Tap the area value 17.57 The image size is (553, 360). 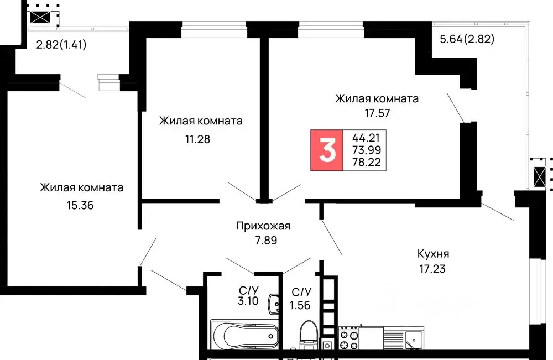click(x=377, y=113)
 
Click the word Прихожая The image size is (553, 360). click(x=263, y=226)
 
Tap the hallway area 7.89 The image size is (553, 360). click(x=263, y=241)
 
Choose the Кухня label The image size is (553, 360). click(x=433, y=254)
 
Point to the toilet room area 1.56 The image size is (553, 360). click(x=301, y=304)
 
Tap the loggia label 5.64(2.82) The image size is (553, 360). click(x=466, y=39)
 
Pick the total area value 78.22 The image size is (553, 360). click(x=366, y=163)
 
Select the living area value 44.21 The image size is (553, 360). click(x=366, y=137)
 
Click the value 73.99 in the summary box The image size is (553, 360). click(x=366, y=150)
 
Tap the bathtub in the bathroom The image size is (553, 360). click(x=244, y=335)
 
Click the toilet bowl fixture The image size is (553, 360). click(x=307, y=335)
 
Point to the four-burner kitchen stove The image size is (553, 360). click(x=348, y=339)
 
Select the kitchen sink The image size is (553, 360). click(x=413, y=338)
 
